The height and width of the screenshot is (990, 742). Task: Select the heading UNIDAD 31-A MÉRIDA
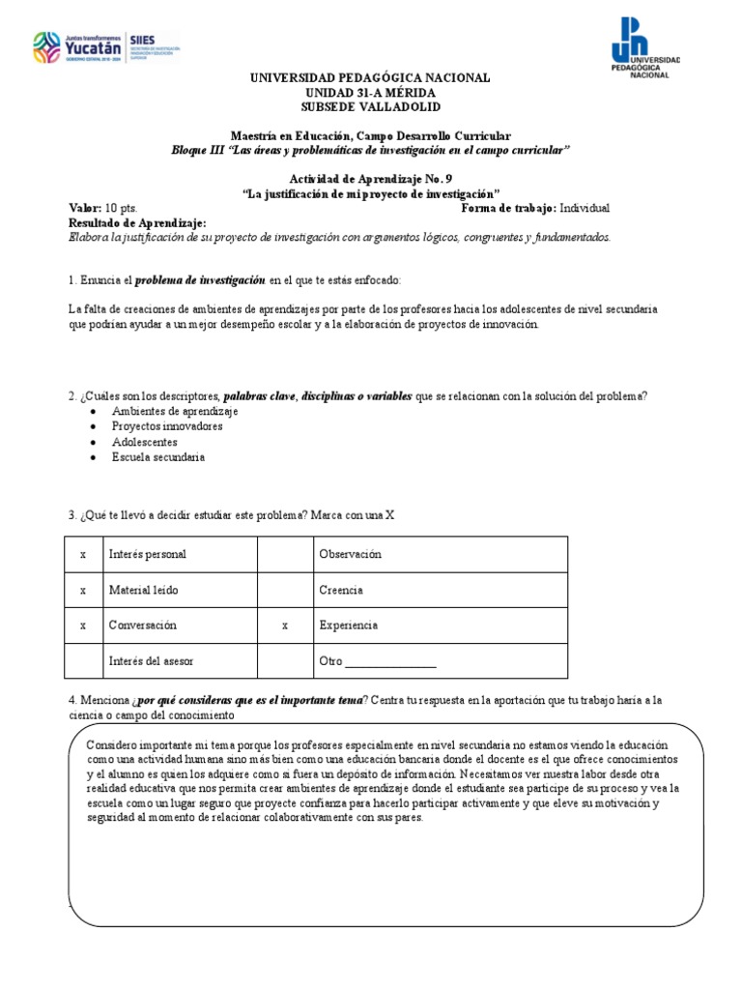[370, 92]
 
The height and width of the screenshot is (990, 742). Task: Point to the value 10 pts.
[122, 208]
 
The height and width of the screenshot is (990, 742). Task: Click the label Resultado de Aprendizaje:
[137, 222]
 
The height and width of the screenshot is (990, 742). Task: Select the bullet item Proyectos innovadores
[167, 426]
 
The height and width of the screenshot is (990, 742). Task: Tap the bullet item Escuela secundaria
[157, 457]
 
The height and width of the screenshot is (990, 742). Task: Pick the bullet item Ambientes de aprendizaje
[175, 411]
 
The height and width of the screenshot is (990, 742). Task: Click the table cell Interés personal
[148, 554]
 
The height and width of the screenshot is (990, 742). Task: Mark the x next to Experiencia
[285, 626]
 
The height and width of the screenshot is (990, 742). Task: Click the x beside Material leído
[83, 590]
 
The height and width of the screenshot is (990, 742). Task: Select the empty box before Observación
[285, 554]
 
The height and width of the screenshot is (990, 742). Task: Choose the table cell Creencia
[341, 590]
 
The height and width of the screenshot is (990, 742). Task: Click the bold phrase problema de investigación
[199, 279]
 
